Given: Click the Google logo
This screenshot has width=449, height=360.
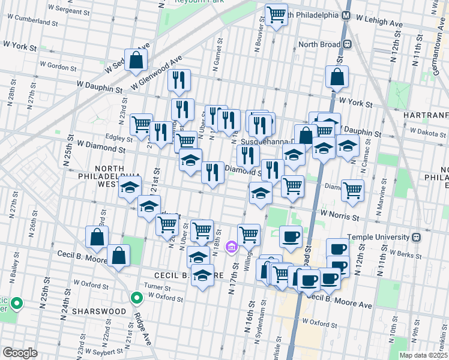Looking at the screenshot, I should tap(20, 353).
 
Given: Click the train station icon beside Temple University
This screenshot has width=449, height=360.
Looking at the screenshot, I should tap(417, 238).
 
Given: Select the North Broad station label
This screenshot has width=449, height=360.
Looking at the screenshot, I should tap(318, 44).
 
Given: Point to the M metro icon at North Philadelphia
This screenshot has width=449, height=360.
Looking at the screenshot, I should tap(346, 15).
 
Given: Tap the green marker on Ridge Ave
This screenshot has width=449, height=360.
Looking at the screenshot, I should tap(137, 296).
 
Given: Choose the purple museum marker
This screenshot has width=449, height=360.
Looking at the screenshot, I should tap(231, 247).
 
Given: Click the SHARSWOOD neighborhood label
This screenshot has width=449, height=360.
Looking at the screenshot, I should tap(98, 312).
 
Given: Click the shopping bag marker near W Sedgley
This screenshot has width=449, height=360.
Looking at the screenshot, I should tap(136, 59).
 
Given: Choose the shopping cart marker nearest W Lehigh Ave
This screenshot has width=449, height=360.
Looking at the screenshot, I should tap(276, 14).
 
